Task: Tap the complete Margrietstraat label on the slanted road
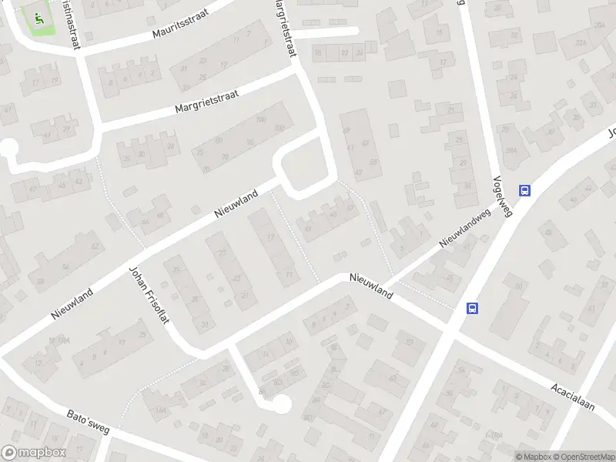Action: (206, 103)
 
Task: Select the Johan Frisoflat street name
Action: (149, 295)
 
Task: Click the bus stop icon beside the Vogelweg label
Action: (525, 191)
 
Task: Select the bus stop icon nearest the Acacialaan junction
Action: (473, 308)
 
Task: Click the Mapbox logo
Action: (33, 453)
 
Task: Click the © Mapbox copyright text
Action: (533, 457)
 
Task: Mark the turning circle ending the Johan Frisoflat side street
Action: (282, 403)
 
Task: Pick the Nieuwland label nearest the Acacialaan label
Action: (370, 286)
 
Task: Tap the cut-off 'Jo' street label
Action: (611, 133)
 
